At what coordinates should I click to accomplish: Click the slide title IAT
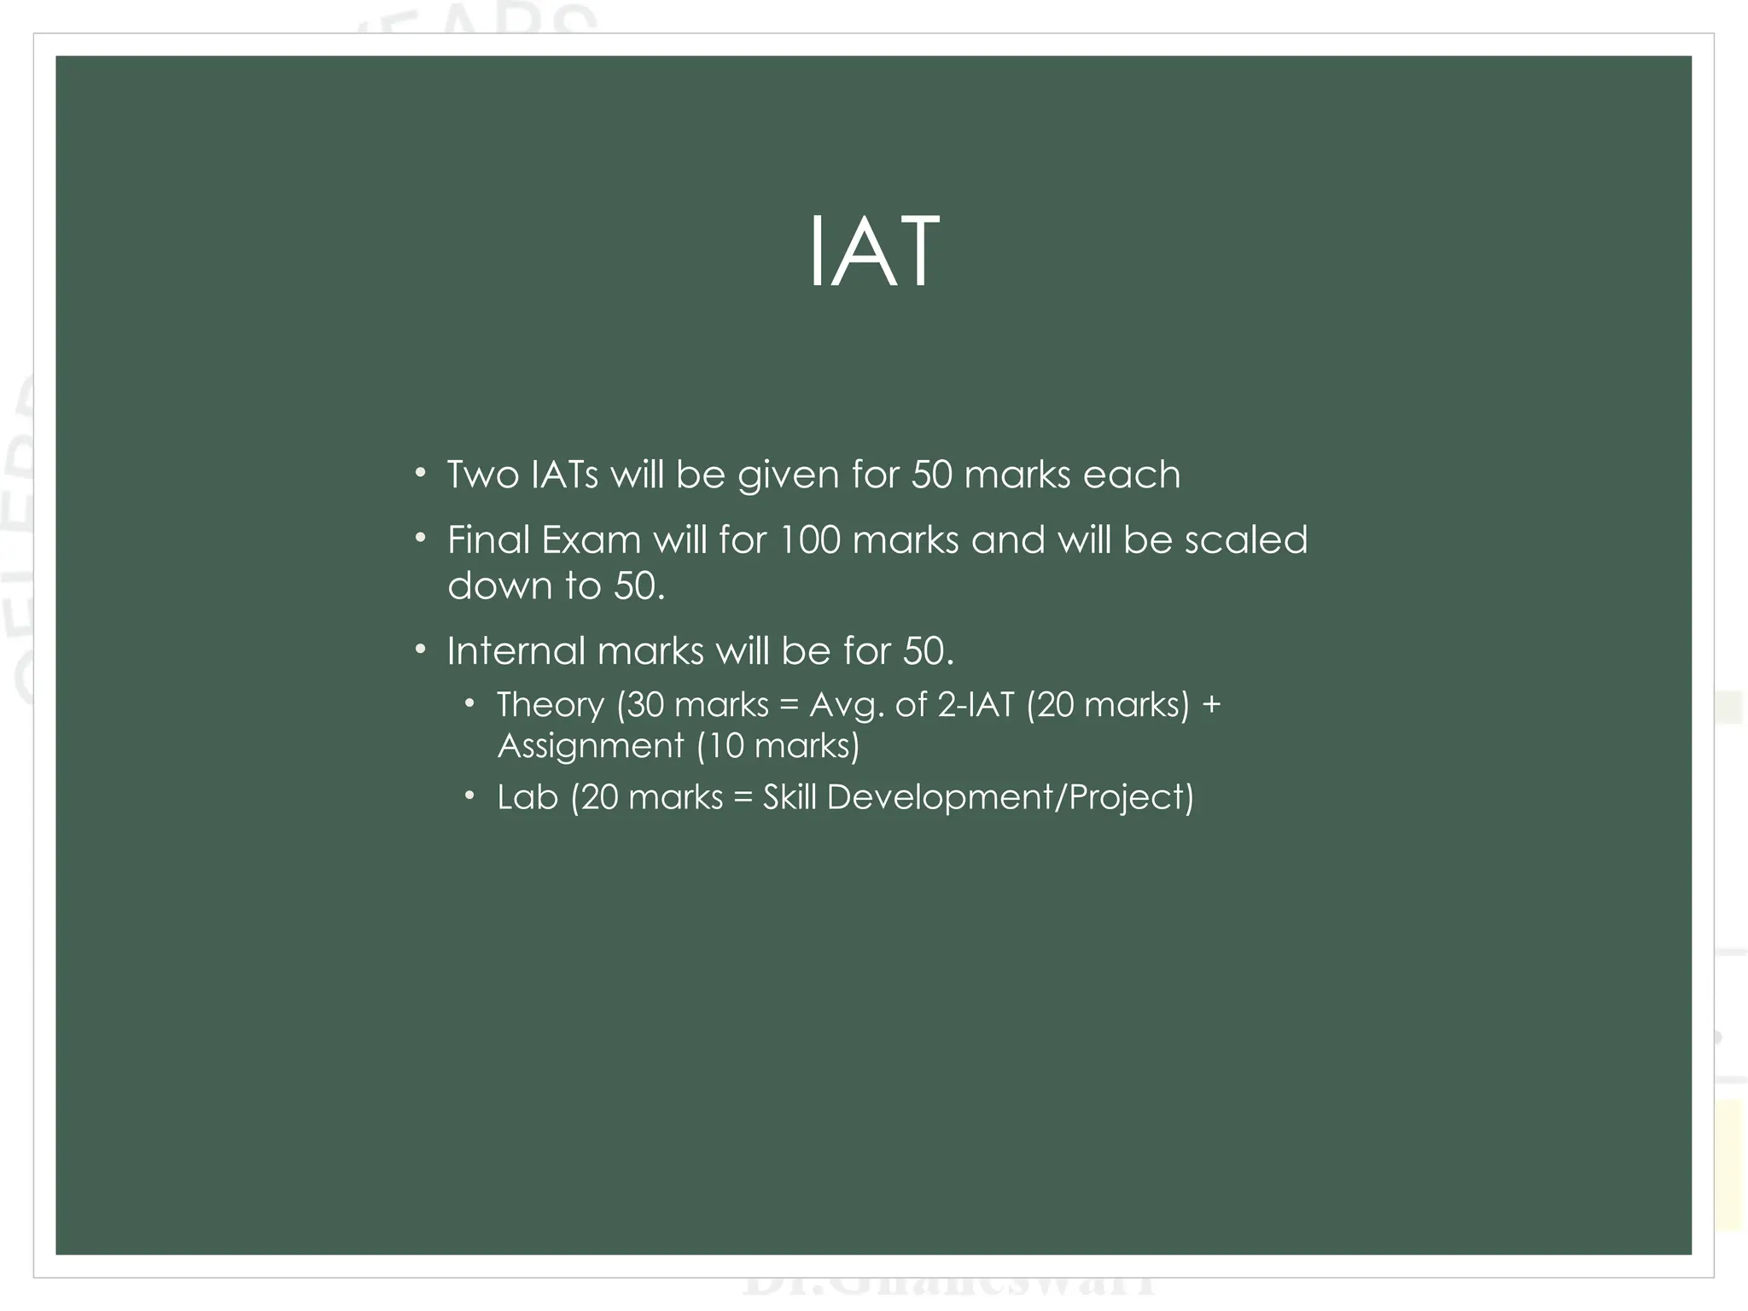pyautogui.click(x=873, y=253)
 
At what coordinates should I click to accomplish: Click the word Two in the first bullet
pyautogui.click(x=483, y=475)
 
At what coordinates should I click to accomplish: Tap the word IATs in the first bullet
pyautogui.click(x=564, y=475)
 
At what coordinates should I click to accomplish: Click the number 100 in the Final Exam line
pyautogui.click(x=810, y=540)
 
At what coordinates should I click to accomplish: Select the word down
pyautogui.click(x=499, y=586)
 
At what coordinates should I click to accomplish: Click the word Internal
pyautogui.click(x=516, y=651)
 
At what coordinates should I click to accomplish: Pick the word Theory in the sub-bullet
pyautogui.click(x=551, y=706)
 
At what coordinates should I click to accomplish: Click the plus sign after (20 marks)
pyautogui.click(x=1211, y=706)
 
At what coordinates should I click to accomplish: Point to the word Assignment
pyautogui.click(x=591, y=747)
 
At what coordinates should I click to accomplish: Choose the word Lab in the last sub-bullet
pyautogui.click(x=527, y=798)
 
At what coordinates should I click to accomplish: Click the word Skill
pyautogui.click(x=790, y=798)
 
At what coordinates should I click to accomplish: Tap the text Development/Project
pyautogui.click(x=1009, y=798)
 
